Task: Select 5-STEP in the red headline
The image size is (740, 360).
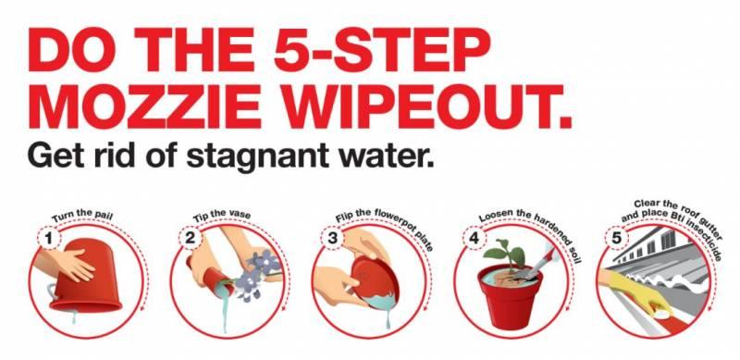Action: (382, 49)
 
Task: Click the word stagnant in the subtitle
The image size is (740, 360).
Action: (257, 155)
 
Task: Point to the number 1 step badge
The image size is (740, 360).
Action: (48, 239)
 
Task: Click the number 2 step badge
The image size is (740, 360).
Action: (190, 239)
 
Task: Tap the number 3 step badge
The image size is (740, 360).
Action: (332, 239)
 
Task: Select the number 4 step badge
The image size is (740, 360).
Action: (474, 239)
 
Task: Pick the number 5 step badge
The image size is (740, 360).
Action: (616, 239)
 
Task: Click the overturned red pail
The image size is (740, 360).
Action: (86, 277)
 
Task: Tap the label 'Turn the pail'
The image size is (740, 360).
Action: (82, 216)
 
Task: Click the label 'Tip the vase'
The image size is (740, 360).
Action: (222, 216)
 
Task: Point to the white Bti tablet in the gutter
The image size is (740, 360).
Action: (663, 313)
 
